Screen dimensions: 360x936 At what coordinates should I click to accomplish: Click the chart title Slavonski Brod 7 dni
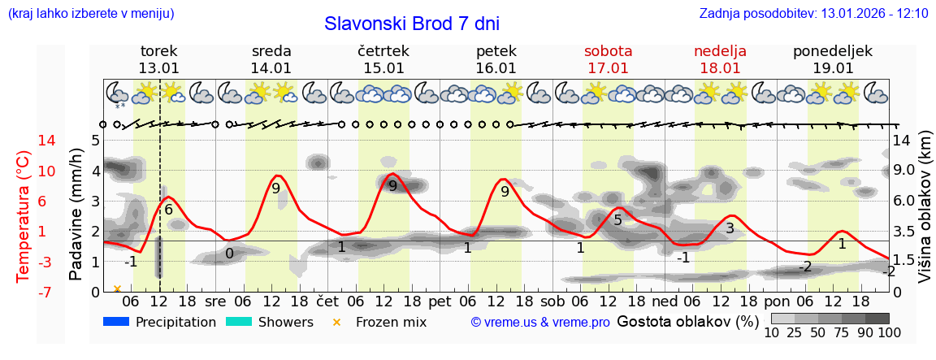(412, 24)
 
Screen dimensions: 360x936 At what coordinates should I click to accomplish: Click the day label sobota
(608, 51)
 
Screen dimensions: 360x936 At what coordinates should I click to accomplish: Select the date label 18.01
(720, 68)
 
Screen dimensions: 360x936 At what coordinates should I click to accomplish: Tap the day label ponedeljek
(833, 51)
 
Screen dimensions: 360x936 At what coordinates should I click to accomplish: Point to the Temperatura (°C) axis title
(24, 215)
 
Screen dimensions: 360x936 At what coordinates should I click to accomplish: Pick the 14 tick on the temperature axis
(24, 141)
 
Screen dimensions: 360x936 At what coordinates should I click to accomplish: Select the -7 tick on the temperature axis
(24, 292)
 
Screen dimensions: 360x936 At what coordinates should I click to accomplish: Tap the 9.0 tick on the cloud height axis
(903, 171)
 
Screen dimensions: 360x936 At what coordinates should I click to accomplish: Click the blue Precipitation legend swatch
(116, 322)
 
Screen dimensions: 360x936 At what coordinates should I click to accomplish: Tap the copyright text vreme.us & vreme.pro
(540, 322)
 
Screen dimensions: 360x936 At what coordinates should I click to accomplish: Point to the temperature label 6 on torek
(169, 210)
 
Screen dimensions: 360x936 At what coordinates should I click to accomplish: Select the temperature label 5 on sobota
(617, 219)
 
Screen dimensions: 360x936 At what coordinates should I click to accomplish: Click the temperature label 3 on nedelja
(730, 228)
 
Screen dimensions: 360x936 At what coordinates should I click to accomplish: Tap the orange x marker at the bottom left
(117, 288)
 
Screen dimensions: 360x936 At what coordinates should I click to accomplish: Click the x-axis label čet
(327, 301)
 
